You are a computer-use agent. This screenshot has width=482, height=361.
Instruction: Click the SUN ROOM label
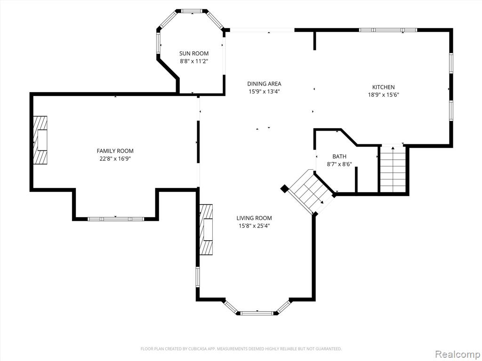pos(194,54)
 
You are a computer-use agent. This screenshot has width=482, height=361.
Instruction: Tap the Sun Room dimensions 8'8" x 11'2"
pos(194,61)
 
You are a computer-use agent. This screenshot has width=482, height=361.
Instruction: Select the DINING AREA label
pos(265,84)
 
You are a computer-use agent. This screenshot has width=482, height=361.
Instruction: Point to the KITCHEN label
pos(383,87)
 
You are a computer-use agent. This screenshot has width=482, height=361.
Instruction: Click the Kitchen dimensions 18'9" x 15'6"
pos(383,95)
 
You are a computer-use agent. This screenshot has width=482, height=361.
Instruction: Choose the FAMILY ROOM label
pos(115,151)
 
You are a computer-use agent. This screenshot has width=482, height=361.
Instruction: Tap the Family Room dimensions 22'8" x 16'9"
pos(115,159)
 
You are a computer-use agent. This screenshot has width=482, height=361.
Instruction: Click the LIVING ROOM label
pos(254,218)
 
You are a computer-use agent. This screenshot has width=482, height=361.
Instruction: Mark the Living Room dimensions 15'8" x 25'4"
pos(254,226)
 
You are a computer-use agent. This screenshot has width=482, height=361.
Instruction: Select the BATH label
pos(339,157)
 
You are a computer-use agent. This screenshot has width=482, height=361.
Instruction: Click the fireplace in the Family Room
pos(40,140)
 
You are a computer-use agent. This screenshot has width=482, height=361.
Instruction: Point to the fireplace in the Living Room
pos(206,229)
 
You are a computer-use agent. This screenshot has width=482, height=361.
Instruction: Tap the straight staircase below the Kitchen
pos(393,169)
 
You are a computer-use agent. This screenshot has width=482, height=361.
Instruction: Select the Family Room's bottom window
pos(116,219)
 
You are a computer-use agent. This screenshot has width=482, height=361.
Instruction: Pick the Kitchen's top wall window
pos(388,30)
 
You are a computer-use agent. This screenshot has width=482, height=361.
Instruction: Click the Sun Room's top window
pos(193,11)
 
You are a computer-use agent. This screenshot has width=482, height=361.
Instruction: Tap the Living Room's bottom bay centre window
pos(257,313)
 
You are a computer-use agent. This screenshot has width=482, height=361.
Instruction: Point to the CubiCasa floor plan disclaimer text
pos(241,349)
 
